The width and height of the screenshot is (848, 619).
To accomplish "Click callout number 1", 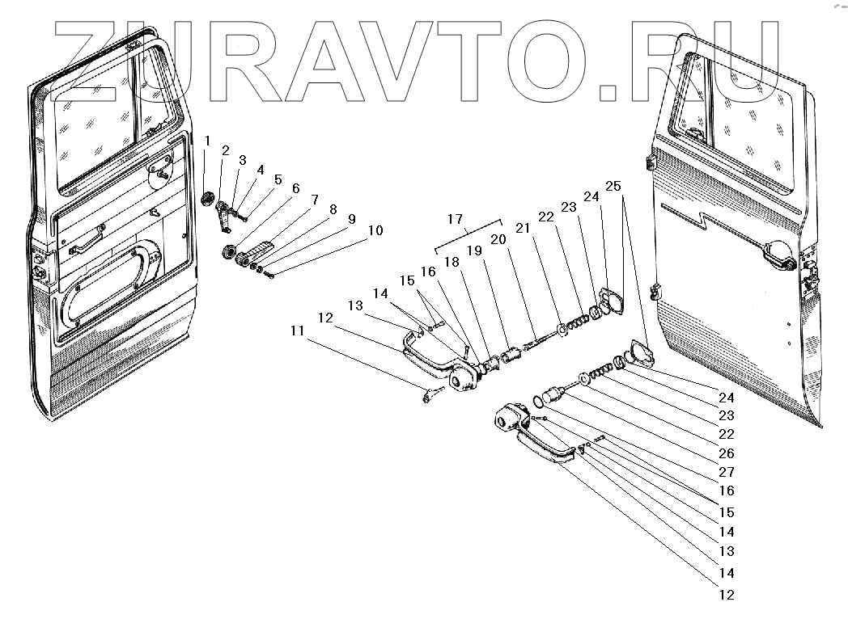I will pyautogui.click(x=207, y=141).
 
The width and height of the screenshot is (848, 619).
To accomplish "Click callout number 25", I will pyautogui.click(x=613, y=186).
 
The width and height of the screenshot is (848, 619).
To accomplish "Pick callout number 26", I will pyautogui.click(x=726, y=453).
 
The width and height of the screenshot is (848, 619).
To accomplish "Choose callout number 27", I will pyautogui.click(x=726, y=472).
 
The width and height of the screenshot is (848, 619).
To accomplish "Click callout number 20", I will pyautogui.click(x=497, y=240).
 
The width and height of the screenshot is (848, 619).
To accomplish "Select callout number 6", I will pyautogui.click(x=295, y=188).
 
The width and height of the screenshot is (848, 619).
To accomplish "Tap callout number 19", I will pyautogui.click(x=474, y=251).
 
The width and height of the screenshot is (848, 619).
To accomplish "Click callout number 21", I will pyautogui.click(x=524, y=229).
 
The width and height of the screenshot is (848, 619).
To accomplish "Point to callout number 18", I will pyautogui.click(x=452, y=261).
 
